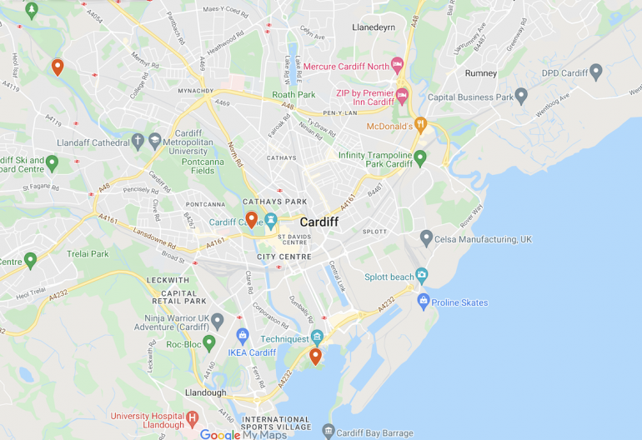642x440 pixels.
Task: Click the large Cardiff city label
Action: tap(318, 222)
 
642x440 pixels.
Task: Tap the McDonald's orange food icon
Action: tap(421, 126)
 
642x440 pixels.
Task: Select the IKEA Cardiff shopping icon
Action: tap(243, 336)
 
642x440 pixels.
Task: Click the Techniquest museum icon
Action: tap(316, 337)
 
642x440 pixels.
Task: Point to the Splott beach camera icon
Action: tap(422, 275)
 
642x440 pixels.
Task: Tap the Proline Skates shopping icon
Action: tap(423, 301)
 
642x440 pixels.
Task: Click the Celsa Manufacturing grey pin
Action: tap(426, 238)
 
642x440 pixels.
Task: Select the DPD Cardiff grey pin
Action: tap(595, 72)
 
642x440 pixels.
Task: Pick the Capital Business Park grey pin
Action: tap(521, 96)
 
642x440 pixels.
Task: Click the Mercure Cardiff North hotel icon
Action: tap(397, 65)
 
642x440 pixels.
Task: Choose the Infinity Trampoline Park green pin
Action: tap(420, 157)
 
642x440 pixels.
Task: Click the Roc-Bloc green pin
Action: tap(209, 342)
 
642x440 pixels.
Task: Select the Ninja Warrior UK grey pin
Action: tap(218, 320)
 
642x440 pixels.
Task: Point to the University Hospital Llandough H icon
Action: tap(193, 417)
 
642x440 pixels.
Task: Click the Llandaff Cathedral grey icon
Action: tap(138, 141)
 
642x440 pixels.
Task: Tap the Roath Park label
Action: tap(293, 95)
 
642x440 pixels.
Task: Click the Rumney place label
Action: tap(481, 73)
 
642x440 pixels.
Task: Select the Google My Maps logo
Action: tap(243, 434)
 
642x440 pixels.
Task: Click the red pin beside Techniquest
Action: tap(315, 357)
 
